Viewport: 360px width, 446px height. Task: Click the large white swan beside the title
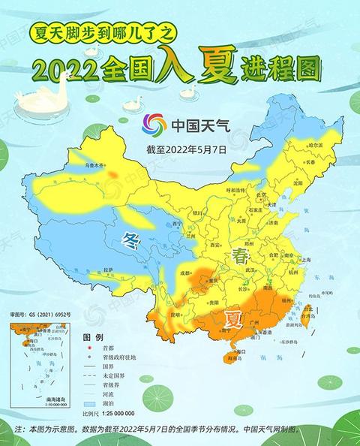pyautogui.click(x=34, y=98)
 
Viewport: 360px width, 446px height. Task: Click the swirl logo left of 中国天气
pyautogui.click(x=154, y=125)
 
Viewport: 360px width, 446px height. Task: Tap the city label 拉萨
pyautogui.click(x=109, y=268)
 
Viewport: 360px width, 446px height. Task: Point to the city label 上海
pyautogui.click(x=304, y=259)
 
